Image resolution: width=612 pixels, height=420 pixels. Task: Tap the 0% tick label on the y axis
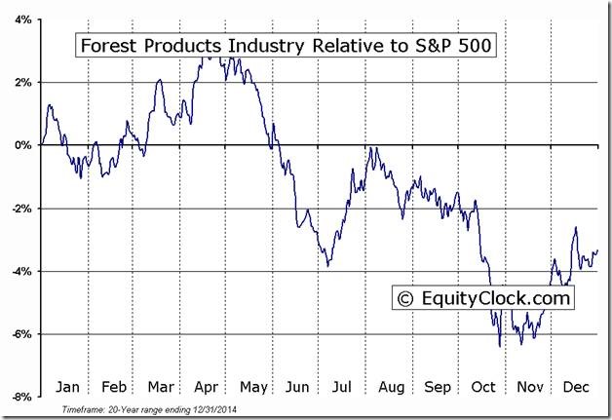[x=22, y=145]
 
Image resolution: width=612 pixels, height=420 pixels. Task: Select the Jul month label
[x=343, y=385]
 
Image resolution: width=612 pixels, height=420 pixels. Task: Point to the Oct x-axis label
[x=484, y=385]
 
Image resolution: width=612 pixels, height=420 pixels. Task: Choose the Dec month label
[x=576, y=385]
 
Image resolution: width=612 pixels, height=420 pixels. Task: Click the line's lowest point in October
[x=500, y=346]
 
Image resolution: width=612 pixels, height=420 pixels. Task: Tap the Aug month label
[x=390, y=385]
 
